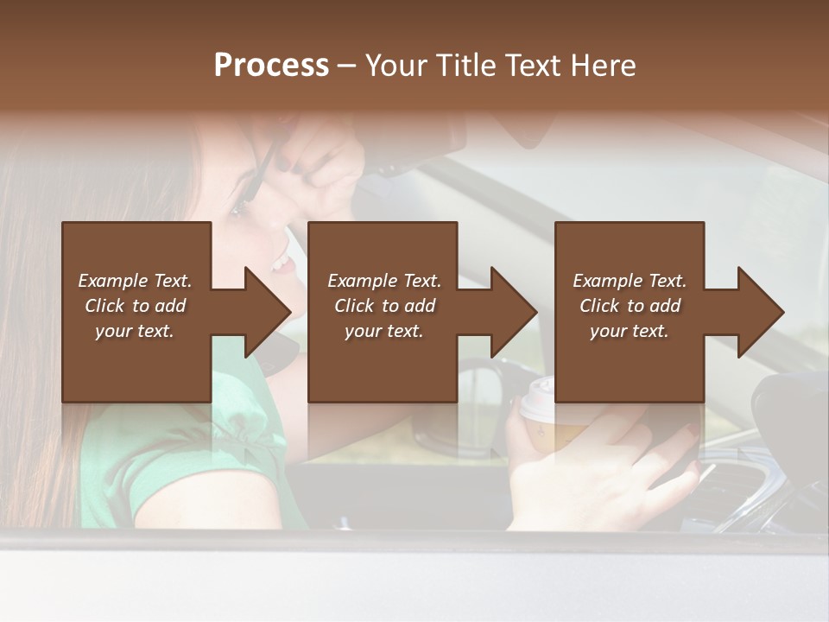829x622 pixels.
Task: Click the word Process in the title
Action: click(271, 66)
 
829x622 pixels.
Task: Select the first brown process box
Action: click(136, 259)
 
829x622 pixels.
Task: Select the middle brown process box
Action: click(383, 259)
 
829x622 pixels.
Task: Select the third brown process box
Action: click(629, 259)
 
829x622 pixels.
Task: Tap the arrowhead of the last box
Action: click(759, 312)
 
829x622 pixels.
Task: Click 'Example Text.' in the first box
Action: click(135, 281)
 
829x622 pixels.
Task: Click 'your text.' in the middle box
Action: click(383, 331)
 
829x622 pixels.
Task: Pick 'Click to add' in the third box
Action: click(630, 306)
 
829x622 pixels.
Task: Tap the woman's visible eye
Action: click(237, 208)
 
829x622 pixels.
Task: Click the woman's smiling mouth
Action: click(281, 262)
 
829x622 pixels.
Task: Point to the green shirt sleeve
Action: click(147, 466)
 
